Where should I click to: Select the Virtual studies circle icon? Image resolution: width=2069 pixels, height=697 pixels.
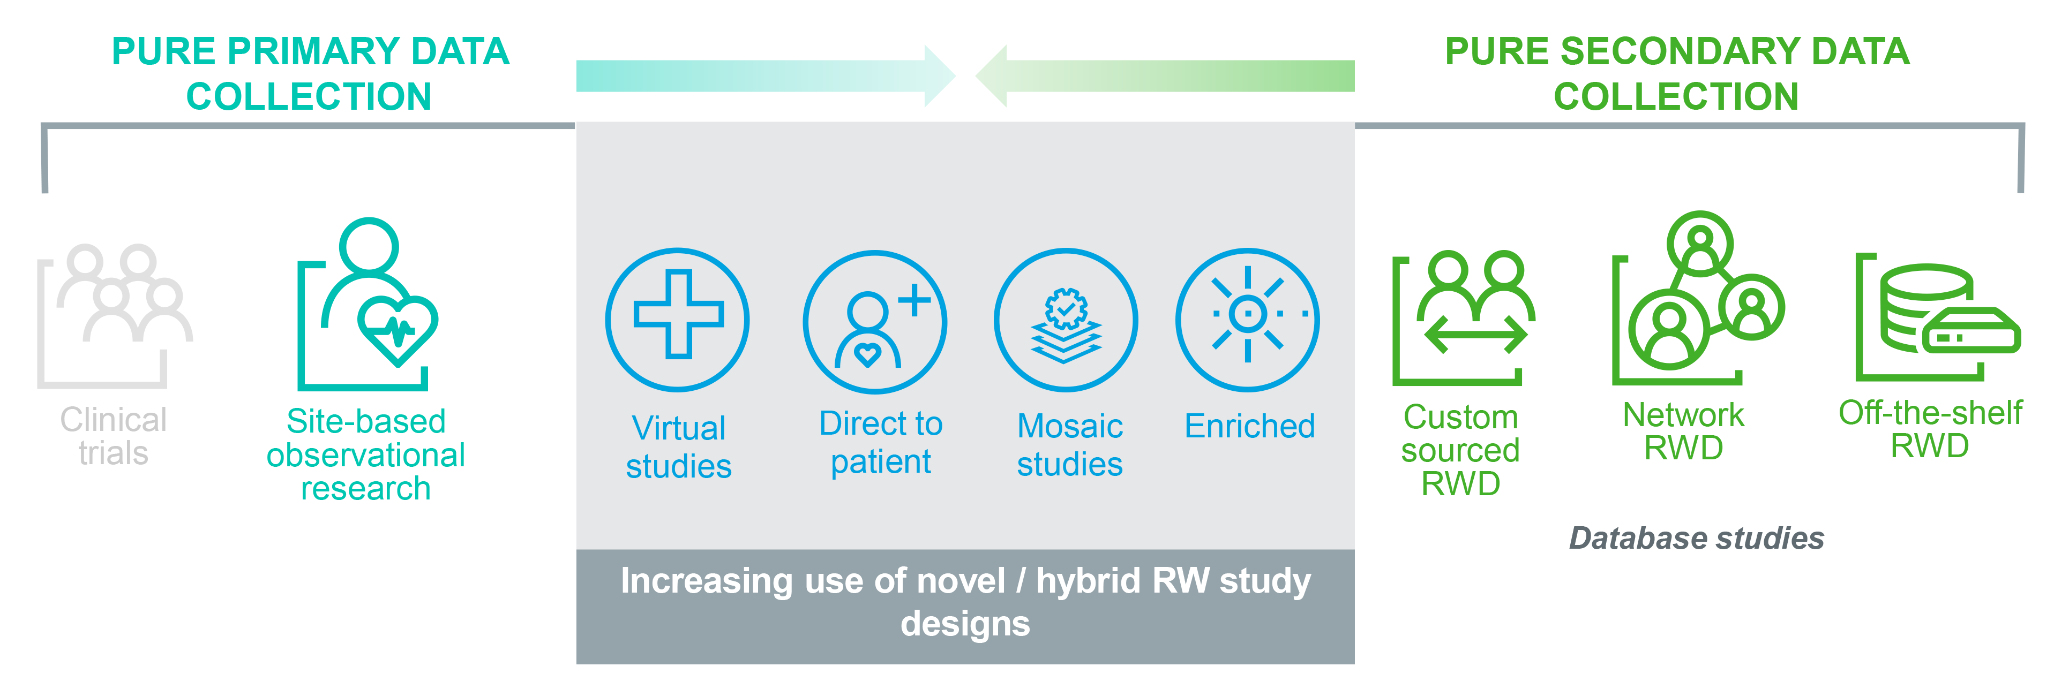pos(678,320)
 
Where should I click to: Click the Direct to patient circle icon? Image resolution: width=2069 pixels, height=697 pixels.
pos(875,321)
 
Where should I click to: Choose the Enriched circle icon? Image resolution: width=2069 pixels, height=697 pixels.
pos(1247,320)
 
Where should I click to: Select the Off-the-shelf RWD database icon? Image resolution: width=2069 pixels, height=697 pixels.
pos(1936,317)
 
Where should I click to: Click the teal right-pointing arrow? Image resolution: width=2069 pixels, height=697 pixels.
pos(763,75)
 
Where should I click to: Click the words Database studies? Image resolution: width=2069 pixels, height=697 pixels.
pos(1696,538)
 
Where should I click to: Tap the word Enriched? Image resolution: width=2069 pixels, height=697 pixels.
pos(1250,426)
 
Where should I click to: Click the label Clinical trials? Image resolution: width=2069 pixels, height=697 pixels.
pos(113,436)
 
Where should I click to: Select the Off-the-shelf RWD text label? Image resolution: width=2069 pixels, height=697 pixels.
pos(1930,429)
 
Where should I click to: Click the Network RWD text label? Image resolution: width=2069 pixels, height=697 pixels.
pos(1683,431)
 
